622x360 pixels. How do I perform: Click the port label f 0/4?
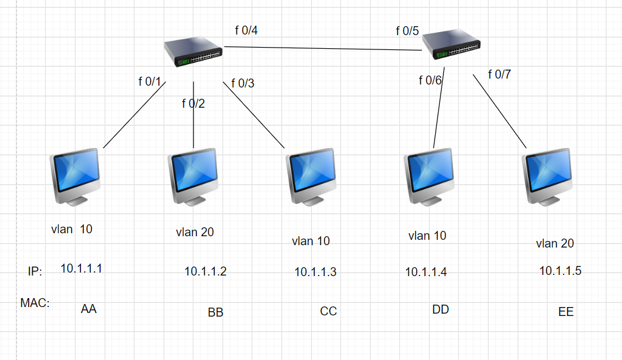tap(246, 30)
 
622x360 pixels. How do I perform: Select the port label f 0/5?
tap(408, 30)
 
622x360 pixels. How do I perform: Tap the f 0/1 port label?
tap(150, 82)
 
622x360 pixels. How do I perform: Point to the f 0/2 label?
tap(193, 104)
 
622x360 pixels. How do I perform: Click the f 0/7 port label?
tap(499, 74)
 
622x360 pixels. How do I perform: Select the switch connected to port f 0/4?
tap(193, 51)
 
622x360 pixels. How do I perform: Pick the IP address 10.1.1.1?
tap(82, 268)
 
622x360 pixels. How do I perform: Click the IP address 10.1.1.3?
tap(315, 272)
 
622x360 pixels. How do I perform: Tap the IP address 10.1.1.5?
tap(560, 271)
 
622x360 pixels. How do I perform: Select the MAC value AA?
tap(89, 309)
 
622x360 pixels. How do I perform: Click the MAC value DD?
tap(440, 309)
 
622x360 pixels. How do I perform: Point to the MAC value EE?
tap(565, 311)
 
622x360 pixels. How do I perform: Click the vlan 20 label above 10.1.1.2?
tap(195, 232)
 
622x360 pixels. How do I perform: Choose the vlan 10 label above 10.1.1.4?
tap(427, 236)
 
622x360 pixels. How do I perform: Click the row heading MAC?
tap(35, 303)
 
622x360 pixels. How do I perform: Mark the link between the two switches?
tap(321, 49)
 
